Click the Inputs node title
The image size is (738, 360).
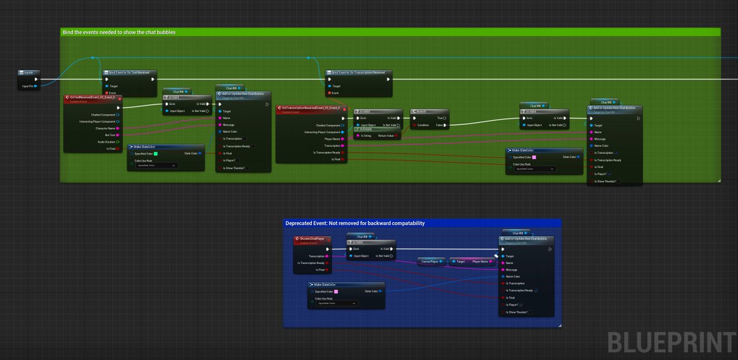point(28,73)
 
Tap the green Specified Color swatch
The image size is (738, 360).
point(156,153)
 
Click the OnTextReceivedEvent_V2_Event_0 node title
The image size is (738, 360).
point(92,97)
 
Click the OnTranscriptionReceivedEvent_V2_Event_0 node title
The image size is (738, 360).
point(311,108)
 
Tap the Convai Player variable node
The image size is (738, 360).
point(430,262)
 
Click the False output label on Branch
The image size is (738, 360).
point(440,125)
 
